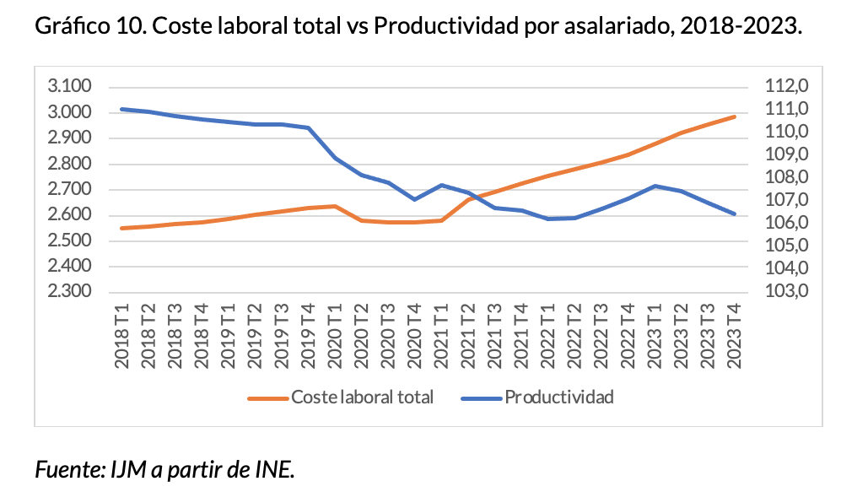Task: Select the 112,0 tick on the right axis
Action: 786,87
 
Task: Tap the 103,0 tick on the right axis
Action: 786,292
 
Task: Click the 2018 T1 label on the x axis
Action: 123,337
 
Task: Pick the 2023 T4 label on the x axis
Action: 735,337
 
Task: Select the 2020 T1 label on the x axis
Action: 336,337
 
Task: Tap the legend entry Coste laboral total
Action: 362,397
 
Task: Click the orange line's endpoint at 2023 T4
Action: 735,116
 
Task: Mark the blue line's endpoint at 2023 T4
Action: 735,214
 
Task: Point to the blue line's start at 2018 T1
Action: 123,109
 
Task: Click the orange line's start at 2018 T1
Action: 123,228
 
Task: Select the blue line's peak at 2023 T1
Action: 655,186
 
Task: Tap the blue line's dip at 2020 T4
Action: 415,199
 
